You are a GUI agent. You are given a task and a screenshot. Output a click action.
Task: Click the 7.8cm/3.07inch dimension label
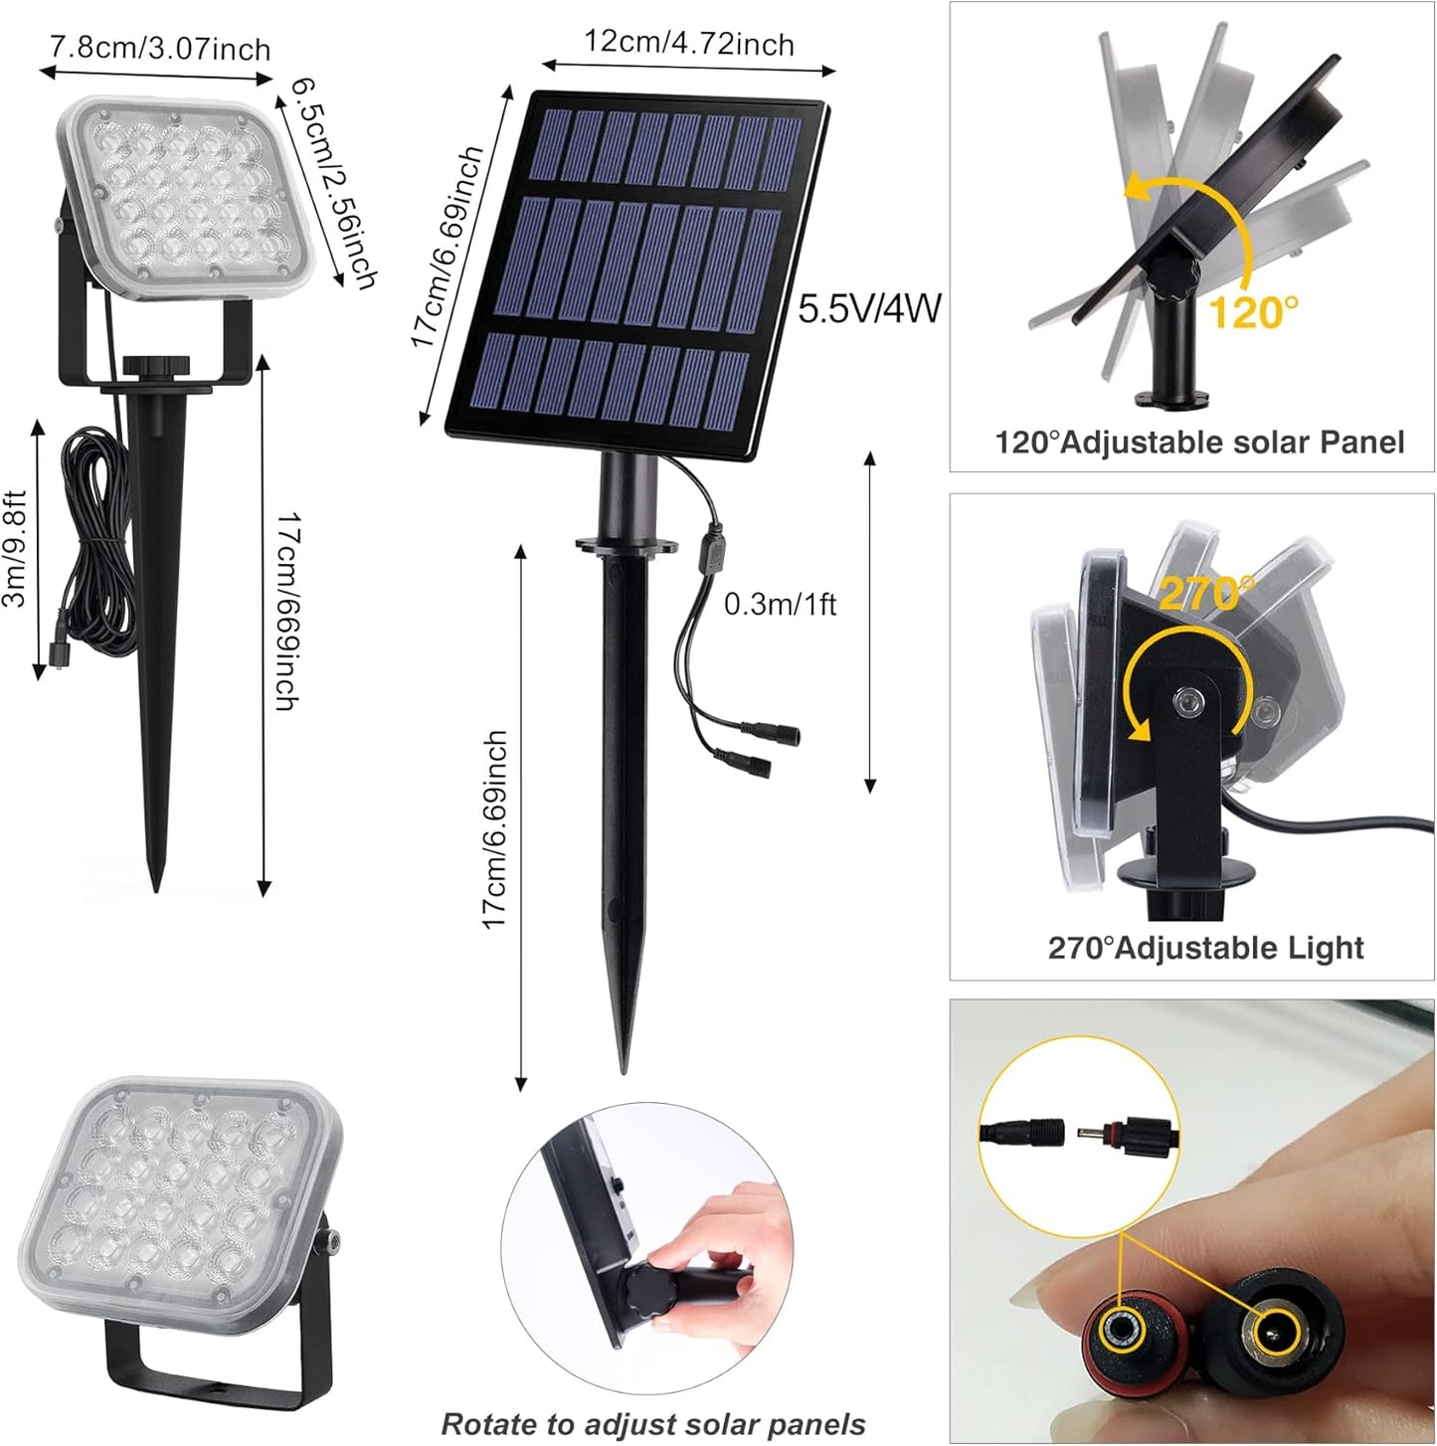[160, 48]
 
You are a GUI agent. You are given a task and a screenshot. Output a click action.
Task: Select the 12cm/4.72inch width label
[688, 44]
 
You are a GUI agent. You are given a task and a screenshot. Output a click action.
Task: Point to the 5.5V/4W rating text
[869, 308]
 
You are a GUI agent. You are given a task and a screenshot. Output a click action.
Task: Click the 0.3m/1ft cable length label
[780, 605]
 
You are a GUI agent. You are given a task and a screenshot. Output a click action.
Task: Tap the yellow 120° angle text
[1253, 313]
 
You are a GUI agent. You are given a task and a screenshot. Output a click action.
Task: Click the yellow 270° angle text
[1206, 594]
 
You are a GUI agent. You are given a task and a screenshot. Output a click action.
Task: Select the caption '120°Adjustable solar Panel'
[1199, 442]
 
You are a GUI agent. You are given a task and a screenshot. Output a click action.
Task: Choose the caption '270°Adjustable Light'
[1205, 947]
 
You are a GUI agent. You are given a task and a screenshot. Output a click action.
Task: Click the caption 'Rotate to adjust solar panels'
[653, 1423]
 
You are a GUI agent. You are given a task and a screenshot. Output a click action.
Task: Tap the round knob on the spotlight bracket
[155, 366]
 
